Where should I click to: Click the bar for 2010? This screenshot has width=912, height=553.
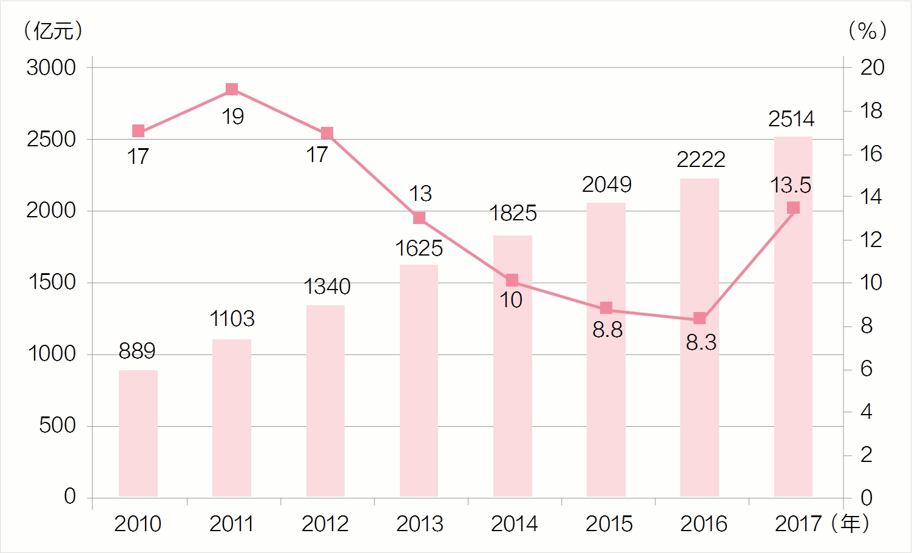click(138, 433)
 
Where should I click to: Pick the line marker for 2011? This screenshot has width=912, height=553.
click(232, 89)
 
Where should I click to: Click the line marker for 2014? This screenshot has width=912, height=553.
click(512, 280)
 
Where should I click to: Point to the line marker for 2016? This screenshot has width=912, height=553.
click(700, 319)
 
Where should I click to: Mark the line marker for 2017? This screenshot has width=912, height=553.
click(793, 208)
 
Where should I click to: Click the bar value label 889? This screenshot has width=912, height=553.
click(137, 351)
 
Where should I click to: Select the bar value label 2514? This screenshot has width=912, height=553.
click(791, 119)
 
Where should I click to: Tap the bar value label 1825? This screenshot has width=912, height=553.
click(513, 213)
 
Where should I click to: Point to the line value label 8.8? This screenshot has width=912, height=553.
click(607, 330)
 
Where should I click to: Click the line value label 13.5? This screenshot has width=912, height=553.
click(791, 185)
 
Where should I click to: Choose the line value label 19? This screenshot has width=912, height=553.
click(232, 117)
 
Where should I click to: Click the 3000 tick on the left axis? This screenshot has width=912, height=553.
click(51, 67)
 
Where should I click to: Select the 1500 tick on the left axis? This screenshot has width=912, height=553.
click(52, 282)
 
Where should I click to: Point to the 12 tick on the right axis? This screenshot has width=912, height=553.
click(871, 240)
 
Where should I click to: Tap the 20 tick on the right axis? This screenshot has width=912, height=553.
click(873, 67)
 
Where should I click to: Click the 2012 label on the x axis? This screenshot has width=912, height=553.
click(325, 524)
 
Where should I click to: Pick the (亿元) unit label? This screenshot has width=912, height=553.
click(53, 30)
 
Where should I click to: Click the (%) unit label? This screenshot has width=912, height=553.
click(868, 30)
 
